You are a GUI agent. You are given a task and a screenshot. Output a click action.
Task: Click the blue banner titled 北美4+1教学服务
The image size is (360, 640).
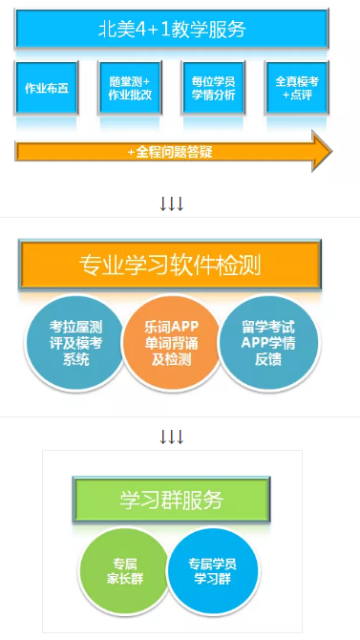tap(172, 29)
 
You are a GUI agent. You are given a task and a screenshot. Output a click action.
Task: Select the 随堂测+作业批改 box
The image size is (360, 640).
tap(129, 89)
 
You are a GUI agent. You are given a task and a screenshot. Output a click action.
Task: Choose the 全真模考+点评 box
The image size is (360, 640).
tap(296, 89)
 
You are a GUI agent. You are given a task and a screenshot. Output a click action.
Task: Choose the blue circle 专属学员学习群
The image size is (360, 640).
tap(212, 569)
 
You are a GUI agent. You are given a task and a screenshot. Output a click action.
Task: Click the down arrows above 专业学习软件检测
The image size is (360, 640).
tap(172, 203)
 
